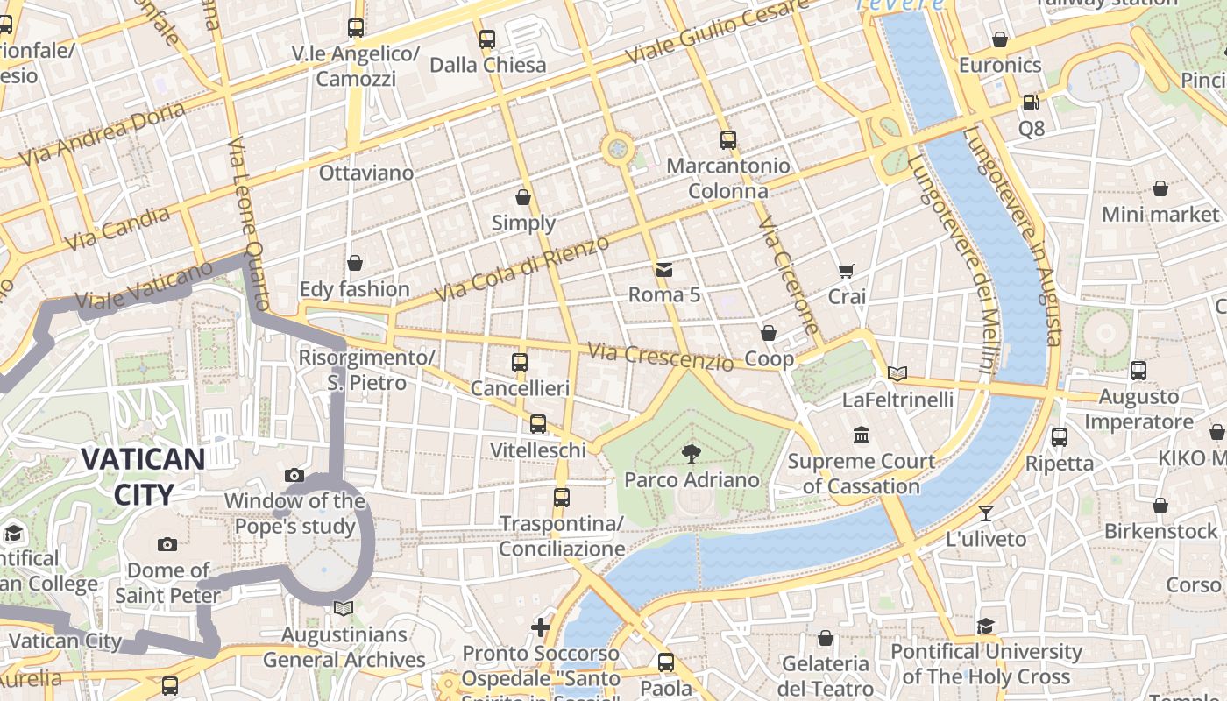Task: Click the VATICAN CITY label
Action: point(144,476)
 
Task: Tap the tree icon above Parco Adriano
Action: point(692,453)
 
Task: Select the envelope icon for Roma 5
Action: point(664,269)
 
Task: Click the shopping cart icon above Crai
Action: point(846,271)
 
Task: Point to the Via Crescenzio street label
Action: point(660,356)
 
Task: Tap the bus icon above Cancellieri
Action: point(520,362)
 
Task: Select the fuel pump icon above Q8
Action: point(1032,103)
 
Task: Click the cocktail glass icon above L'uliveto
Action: point(986,513)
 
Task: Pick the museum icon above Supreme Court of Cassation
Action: point(862,435)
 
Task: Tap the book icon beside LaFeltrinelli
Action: point(897,374)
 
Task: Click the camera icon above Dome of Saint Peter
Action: point(167,544)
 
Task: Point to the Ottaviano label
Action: point(366,173)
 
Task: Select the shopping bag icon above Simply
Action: point(523,197)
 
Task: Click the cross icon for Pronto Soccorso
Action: point(541,627)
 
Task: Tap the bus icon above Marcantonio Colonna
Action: point(727,139)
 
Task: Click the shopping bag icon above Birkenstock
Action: point(1160,506)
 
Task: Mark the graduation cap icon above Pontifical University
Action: point(986,626)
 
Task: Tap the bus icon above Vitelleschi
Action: point(538,424)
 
